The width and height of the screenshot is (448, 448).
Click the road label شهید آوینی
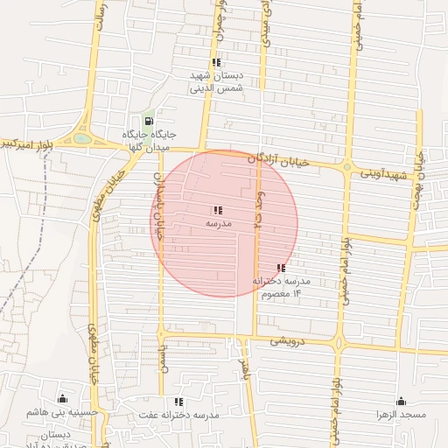[x=386, y=173]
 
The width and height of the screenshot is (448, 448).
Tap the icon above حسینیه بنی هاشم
[x=60, y=399]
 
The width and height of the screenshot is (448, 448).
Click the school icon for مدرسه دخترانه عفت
[x=179, y=402]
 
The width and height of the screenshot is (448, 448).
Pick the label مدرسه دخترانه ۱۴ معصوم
[x=281, y=287]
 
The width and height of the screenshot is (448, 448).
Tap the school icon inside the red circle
[x=217, y=210]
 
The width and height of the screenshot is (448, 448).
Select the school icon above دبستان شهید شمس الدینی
[x=216, y=62]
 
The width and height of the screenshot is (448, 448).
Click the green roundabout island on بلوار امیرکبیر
[x=81, y=137]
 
